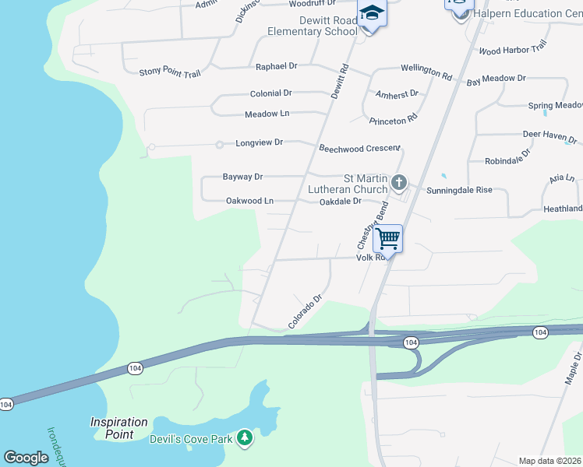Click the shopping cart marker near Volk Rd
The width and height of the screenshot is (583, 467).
pyautogui.click(x=388, y=237)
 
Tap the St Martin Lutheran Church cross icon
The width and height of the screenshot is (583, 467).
pyautogui.click(x=398, y=183)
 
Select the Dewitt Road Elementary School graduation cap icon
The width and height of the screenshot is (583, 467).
pyautogui.click(x=372, y=13)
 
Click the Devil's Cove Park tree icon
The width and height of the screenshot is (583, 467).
pyautogui.click(x=245, y=439)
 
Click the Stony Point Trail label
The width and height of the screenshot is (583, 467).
pyautogui.click(x=170, y=72)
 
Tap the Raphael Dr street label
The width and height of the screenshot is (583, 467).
pyautogui.click(x=277, y=67)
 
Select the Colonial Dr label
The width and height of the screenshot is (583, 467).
pyautogui.click(x=270, y=93)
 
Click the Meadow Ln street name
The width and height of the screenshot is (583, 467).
pyautogui.click(x=267, y=114)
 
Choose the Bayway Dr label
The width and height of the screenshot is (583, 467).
pyautogui.click(x=242, y=177)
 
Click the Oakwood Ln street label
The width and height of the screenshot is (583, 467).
pyautogui.click(x=249, y=201)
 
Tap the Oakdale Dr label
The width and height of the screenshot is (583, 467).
pyautogui.click(x=341, y=201)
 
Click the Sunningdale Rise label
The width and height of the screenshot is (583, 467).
pyautogui.click(x=459, y=190)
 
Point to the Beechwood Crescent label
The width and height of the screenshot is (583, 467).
pyautogui.click(x=359, y=148)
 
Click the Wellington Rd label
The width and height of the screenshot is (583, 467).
pyautogui.click(x=426, y=70)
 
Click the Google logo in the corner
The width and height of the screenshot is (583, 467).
pyautogui.click(x=26, y=458)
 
